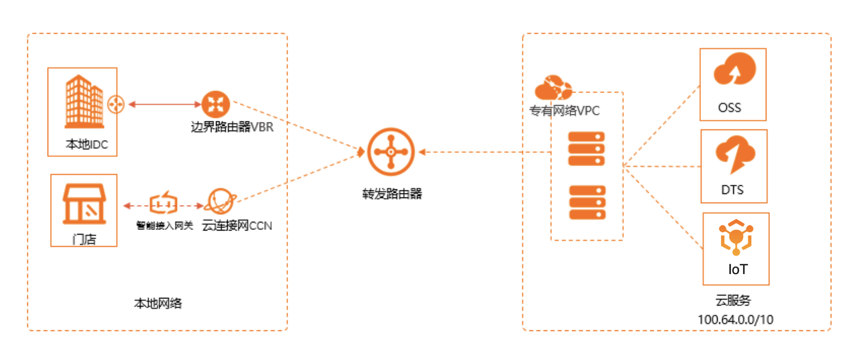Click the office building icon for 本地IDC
82,103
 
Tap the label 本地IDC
87,145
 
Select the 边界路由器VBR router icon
216,105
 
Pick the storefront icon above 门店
85,204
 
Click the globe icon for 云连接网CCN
219,203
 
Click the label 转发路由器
391,194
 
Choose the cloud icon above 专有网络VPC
553,88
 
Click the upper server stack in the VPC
586,149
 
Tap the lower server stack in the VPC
586,202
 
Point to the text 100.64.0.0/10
736,319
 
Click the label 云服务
733,300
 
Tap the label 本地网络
158,303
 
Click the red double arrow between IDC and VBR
164,105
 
